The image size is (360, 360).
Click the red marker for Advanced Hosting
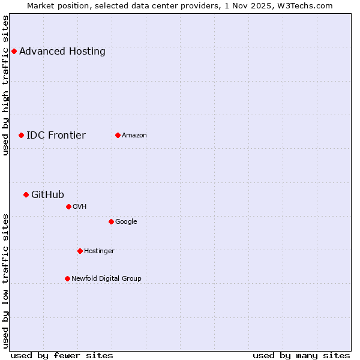pyautogui.click(x=14, y=51)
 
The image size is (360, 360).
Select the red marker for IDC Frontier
pyautogui.click(x=21, y=135)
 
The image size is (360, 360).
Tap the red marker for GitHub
pyautogui.click(x=26, y=194)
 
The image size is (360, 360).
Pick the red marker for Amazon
pyautogui.click(x=118, y=135)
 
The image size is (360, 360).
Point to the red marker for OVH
pyautogui.click(x=68, y=206)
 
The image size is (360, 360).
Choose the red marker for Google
pyautogui.click(x=111, y=221)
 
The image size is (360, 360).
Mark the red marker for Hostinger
pyautogui.click(x=80, y=251)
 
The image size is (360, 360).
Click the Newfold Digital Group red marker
pyautogui.click(x=67, y=278)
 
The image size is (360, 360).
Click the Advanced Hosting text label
pyautogui.click(x=62, y=51)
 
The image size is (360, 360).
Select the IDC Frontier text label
pyautogui.click(x=56, y=135)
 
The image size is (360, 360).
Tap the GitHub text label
pyautogui.click(x=47, y=194)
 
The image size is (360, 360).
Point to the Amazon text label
pyautogui.click(x=134, y=135)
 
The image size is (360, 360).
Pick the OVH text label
pyautogui.click(x=80, y=206)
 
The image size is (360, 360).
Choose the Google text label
pyautogui.click(x=126, y=221)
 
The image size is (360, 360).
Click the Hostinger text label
pyautogui.click(x=99, y=251)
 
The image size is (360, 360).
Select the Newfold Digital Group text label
pyautogui.click(x=106, y=278)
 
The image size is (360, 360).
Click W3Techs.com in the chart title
pyautogui.click(x=306, y=5)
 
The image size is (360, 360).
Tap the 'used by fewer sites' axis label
pyautogui.click(x=62, y=355)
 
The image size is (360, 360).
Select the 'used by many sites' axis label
pyautogui.click(x=301, y=355)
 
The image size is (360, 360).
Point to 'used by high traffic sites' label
pyautogui.click(x=5, y=85)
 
